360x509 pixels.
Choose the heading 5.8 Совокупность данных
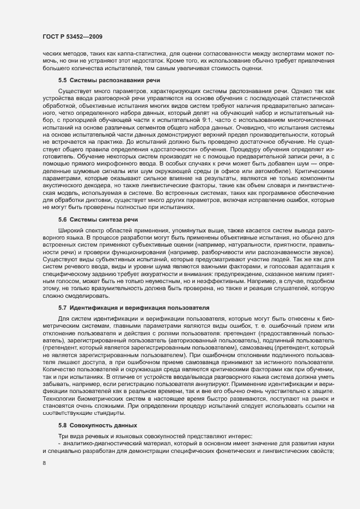90,424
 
